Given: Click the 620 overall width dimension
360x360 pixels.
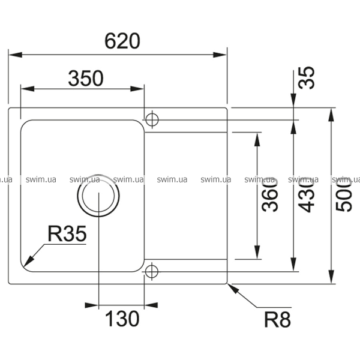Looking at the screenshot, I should pos(122,41).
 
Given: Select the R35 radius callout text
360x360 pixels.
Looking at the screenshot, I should pos(67,234).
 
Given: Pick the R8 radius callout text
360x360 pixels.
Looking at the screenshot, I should pos(277,319).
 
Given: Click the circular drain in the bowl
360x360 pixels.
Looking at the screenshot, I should pos(98,195).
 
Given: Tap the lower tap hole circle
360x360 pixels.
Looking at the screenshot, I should pos(151,271).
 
